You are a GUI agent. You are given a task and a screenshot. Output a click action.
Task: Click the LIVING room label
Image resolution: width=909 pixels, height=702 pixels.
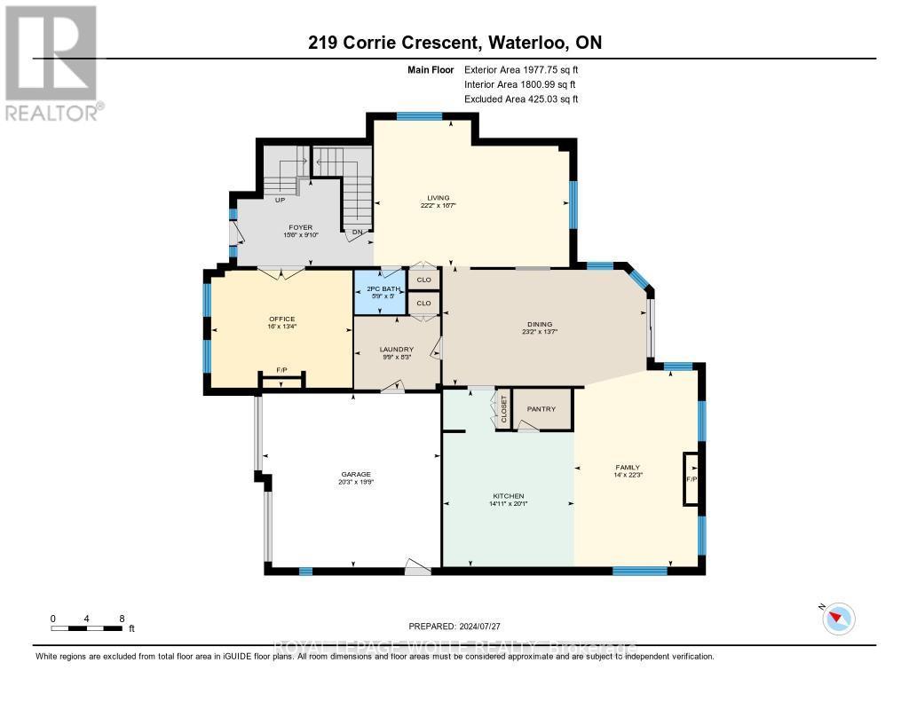438,198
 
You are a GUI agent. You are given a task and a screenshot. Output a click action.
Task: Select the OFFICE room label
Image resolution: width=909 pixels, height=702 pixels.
282,319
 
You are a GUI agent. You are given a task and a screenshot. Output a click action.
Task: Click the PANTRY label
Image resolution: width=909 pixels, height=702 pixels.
541,409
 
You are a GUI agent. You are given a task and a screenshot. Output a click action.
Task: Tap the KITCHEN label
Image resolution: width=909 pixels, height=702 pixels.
509,496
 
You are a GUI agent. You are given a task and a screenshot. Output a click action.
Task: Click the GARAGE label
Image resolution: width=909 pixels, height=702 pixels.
354,475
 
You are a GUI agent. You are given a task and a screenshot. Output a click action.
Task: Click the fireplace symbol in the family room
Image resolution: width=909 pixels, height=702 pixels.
690,479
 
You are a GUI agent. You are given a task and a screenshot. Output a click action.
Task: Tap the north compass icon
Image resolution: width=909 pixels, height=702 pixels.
840,618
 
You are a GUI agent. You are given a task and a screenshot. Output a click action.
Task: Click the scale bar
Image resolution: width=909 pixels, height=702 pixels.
87,628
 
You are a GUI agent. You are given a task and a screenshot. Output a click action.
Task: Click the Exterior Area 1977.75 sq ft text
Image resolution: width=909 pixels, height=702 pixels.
521,69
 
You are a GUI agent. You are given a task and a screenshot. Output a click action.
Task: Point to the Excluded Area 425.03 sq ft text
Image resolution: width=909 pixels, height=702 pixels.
521,99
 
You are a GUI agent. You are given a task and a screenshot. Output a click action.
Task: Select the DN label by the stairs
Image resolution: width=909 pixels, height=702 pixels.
357,233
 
